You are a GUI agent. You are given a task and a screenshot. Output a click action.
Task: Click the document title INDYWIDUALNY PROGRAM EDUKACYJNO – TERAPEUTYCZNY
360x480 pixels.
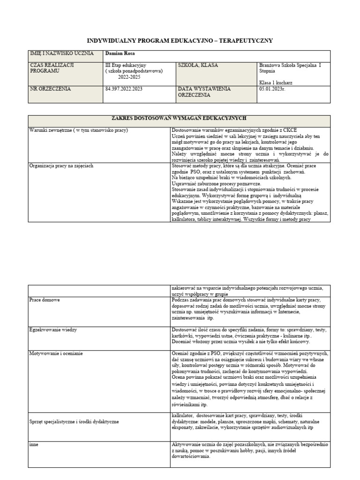pos(180,41)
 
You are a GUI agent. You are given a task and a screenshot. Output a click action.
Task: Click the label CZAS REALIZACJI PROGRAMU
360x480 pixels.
pos(52,68)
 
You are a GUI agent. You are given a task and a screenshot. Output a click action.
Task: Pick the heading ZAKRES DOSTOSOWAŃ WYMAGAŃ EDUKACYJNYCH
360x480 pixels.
pos(179,118)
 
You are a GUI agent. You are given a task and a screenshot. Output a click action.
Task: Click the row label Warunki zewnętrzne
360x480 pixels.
pos(78,129)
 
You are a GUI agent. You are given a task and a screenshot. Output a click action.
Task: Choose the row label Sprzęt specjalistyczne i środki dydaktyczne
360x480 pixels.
pos(74,421)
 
